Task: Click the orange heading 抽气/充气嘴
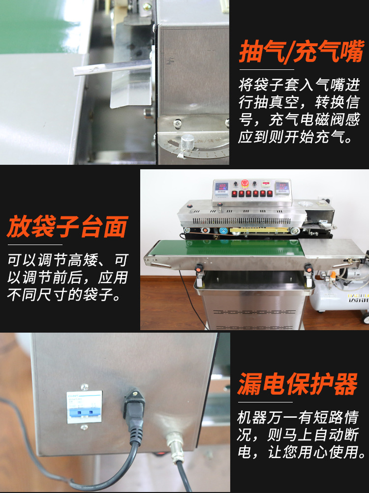pos(302,51)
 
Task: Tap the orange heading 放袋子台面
pos(67,227)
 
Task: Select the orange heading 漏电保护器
pos(298,384)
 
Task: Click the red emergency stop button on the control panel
pos(245,184)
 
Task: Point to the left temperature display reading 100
pos(223,186)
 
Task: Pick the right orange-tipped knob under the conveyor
pos(308,268)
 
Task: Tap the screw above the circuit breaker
pos(84,387)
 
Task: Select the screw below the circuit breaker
pos(84,427)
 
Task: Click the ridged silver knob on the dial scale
pos(187,142)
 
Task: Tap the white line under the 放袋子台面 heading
pos(35,245)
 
